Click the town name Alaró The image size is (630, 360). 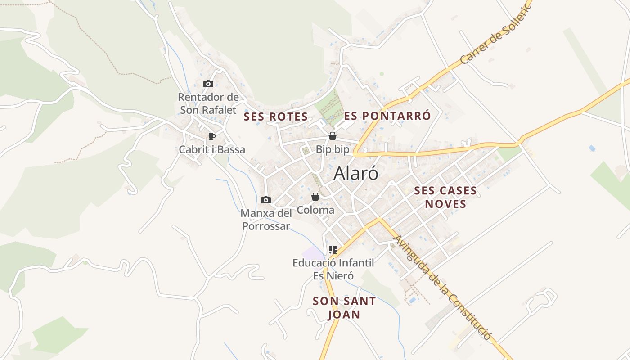point(356,174)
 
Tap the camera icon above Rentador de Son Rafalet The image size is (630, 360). point(208,84)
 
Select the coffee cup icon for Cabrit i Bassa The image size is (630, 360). point(212,136)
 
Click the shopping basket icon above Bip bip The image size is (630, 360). point(333,135)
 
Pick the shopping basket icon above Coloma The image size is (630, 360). point(315,197)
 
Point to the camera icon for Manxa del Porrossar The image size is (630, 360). point(266,200)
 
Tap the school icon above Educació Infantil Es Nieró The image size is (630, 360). point(333,249)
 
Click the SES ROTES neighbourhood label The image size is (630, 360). point(276,117)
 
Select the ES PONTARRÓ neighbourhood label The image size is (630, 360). point(387,116)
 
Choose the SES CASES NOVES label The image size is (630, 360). point(445,197)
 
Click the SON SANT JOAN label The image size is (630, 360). point(344,308)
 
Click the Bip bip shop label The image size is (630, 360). point(333,149)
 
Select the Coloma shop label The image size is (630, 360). point(315,210)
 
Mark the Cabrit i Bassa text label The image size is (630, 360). point(212,150)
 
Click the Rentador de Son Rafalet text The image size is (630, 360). point(208,103)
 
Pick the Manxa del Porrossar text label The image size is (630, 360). point(266,220)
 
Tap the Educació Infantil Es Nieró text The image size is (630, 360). point(333,269)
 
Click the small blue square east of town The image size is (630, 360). point(592,148)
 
